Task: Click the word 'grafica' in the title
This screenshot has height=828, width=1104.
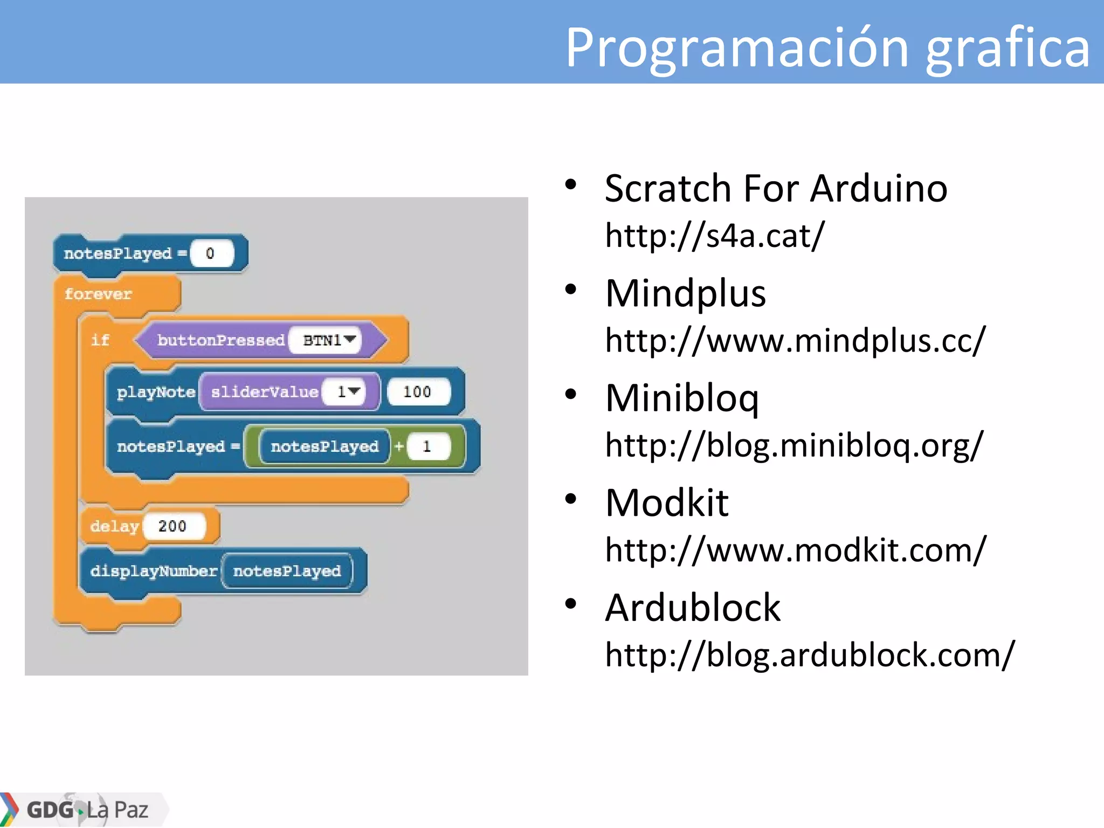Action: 1008,49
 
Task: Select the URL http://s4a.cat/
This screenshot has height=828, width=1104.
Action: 714,236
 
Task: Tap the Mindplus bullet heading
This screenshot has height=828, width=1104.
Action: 685,294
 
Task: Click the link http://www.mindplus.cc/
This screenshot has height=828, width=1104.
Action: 795,340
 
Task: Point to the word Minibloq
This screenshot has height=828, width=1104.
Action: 682,398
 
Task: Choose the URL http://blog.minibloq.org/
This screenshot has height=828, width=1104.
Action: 793,445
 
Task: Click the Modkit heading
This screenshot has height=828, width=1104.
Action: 667,503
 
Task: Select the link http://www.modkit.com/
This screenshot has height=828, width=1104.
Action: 795,550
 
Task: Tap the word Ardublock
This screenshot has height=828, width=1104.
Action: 693,608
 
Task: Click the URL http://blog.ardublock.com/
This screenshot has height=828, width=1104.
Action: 809,654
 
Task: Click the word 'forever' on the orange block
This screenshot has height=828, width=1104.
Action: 98,294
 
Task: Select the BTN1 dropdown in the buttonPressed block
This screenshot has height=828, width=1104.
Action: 327,340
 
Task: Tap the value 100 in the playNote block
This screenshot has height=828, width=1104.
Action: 417,392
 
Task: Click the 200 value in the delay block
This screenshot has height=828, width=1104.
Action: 172,526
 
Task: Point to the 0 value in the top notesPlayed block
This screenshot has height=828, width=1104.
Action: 210,253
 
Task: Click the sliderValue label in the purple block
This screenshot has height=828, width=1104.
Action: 264,392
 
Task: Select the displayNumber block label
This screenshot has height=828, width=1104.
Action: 154,571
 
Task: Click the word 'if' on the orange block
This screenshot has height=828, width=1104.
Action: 100,340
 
